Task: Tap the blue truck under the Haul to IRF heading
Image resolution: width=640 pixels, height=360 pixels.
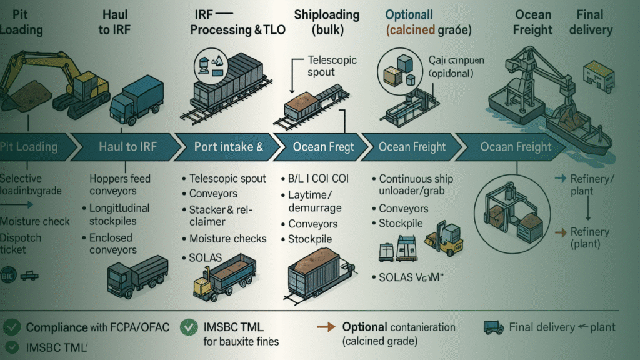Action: tap(136, 101)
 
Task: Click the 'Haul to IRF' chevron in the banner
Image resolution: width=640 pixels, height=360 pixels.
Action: tap(125, 147)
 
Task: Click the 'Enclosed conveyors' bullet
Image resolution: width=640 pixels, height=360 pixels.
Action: tap(112, 244)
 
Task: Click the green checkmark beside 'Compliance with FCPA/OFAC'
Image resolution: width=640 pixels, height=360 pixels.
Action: tap(11, 327)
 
